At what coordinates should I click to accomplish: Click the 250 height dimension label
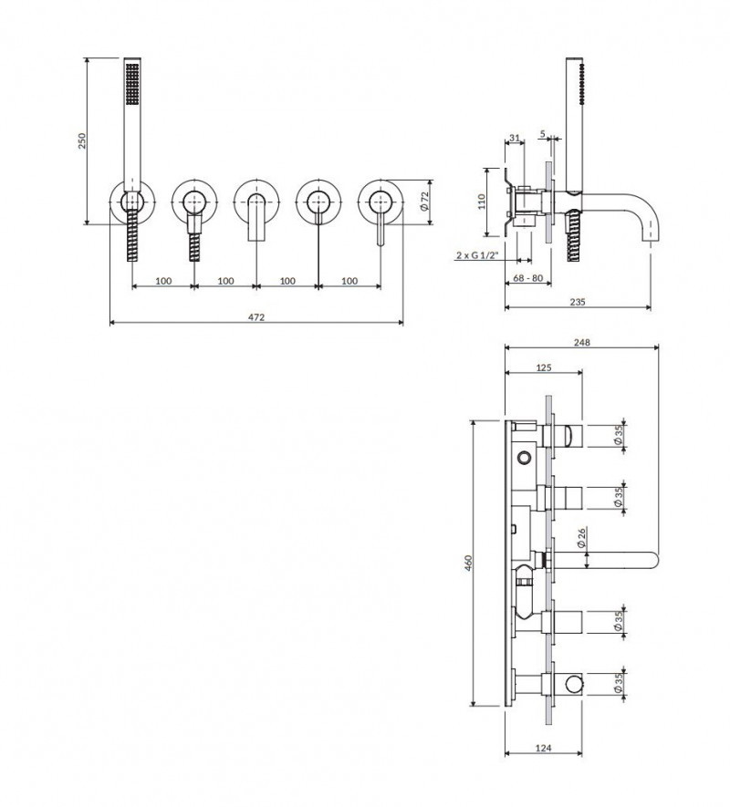[81, 141]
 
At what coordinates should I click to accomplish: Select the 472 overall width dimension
[256, 316]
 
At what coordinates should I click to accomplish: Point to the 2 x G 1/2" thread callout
[476, 256]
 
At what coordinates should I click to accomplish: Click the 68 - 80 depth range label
[527, 278]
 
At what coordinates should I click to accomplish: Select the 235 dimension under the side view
[577, 302]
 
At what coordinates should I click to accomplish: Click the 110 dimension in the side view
[483, 200]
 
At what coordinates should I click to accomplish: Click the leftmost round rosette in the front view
[132, 199]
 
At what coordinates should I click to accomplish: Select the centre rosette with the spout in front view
[255, 199]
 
